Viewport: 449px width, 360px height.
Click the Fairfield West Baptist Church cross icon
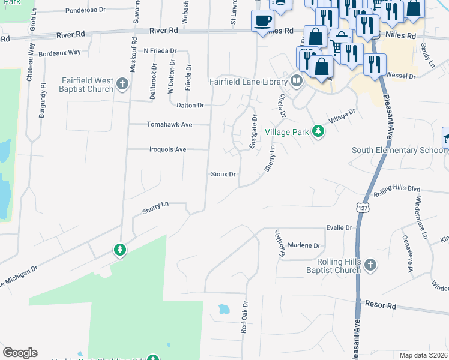click(122, 83)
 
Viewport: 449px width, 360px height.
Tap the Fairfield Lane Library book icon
click(297, 80)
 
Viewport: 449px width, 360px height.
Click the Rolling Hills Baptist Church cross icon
click(371, 265)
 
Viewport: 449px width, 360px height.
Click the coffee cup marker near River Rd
click(263, 22)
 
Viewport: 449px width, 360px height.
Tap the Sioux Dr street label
click(223, 174)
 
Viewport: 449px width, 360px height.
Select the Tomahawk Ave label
click(170, 125)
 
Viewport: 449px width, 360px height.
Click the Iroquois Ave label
click(167, 149)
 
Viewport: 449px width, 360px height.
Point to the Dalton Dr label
click(191, 105)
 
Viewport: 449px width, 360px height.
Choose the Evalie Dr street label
click(339, 228)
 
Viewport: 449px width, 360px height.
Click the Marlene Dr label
click(305, 245)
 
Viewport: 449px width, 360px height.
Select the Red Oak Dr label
click(244, 317)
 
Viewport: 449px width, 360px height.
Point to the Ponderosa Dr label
click(85, 10)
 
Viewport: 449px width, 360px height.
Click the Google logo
click(20, 353)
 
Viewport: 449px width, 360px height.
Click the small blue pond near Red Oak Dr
click(224, 310)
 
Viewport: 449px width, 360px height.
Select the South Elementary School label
click(399, 151)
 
